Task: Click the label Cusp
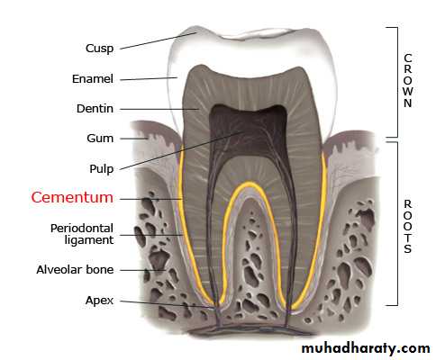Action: [100, 49]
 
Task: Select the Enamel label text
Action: [93, 79]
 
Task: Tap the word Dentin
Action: [95, 109]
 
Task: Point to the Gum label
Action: [100, 139]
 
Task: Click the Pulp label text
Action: [102, 169]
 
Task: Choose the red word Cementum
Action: [72, 197]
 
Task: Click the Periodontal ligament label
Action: [82, 234]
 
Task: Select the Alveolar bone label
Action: [75, 270]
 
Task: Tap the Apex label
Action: [99, 301]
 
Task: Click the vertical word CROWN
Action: [408, 80]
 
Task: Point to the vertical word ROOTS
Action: [408, 227]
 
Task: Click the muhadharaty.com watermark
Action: [366, 348]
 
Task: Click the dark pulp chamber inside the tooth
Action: [248, 129]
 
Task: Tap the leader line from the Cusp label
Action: [159, 40]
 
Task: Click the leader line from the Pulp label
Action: [182, 150]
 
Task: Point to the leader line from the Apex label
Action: [167, 304]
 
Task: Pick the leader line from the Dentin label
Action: [159, 109]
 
